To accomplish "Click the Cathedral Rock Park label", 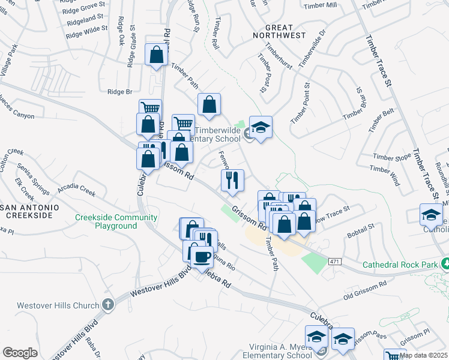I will coord(400,265).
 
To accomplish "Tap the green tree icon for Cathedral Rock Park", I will coord(445,263).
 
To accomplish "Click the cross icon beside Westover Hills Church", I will coord(108,305).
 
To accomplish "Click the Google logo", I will coord(20,352).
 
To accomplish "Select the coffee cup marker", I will coord(201,256).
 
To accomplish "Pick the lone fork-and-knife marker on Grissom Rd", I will coord(232,179).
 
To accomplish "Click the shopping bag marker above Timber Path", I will coord(156,56).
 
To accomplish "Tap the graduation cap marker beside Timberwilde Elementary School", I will coord(261,127).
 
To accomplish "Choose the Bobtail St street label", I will coord(360,228).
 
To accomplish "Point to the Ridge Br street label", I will coord(119,92).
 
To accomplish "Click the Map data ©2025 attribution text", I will coord(423,355).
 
